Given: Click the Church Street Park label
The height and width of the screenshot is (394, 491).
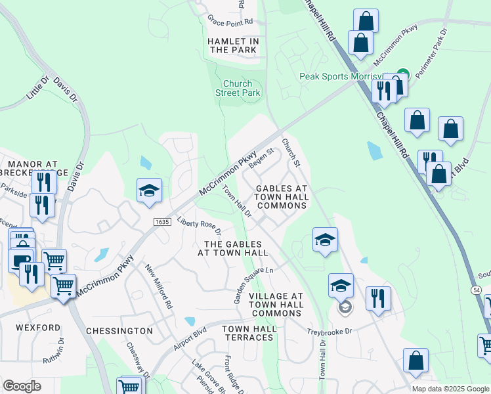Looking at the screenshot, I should (x=238, y=88).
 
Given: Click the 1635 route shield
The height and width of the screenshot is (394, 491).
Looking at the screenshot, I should (x=163, y=223).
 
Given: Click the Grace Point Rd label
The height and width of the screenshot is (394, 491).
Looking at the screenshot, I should (x=229, y=21).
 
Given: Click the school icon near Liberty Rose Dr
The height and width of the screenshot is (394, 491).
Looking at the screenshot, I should (x=149, y=190).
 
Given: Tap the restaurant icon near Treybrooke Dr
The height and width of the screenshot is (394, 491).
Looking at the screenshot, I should (x=377, y=298).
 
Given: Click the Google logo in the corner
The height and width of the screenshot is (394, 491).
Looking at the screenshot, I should (x=22, y=385).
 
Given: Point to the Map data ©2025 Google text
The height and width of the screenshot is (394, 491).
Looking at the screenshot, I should (x=450, y=389).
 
